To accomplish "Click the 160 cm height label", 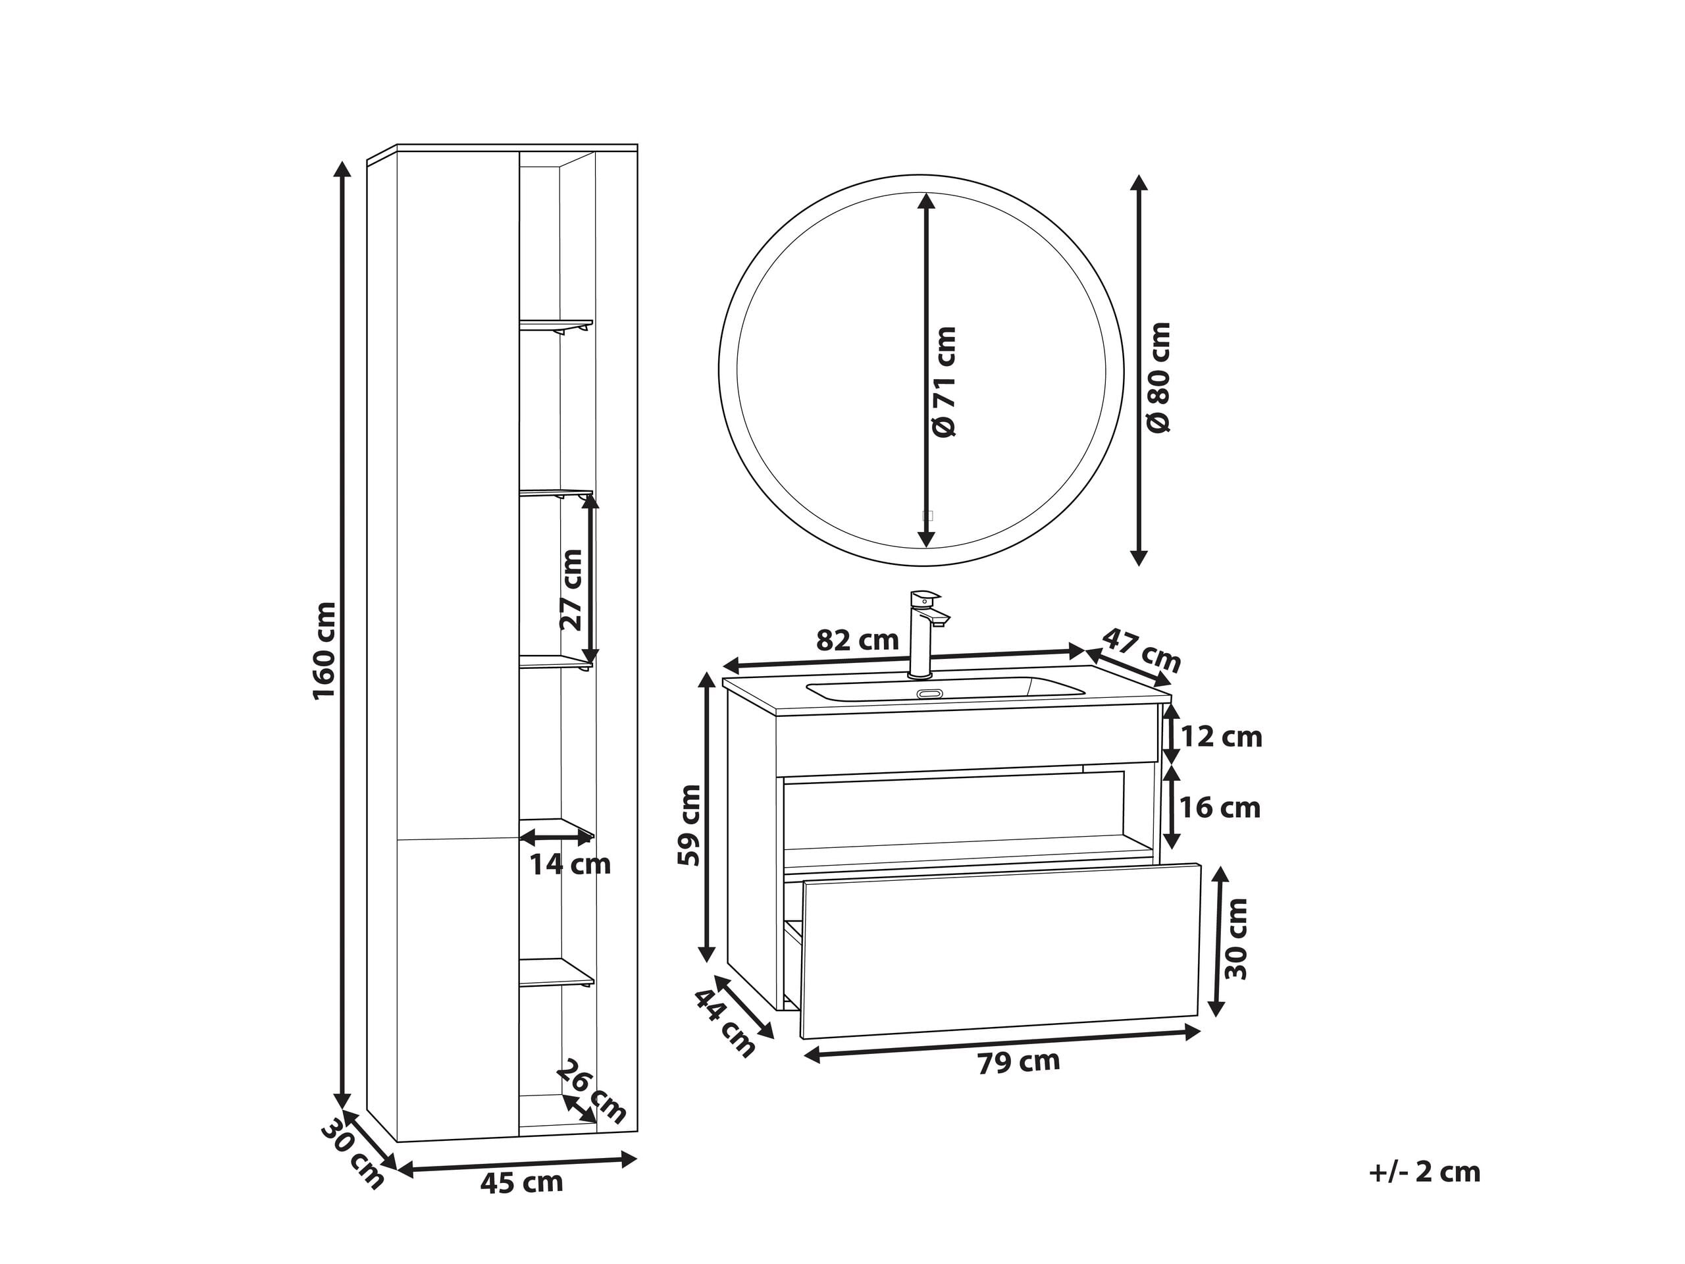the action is pyautogui.click(x=324, y=650).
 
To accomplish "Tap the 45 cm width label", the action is pyautogui.click(x=522, y=1182).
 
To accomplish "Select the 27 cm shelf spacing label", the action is pyautogui.click(x=571, y=590).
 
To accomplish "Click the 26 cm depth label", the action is pyautogui.click(x=591, y=1092).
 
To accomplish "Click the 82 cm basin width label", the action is pyautogui.click(x=857, y=640).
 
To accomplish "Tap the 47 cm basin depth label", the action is pyautogui.click(x=1142, y=649).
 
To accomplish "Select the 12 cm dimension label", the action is pyautogui.click(x=1221, y=737).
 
